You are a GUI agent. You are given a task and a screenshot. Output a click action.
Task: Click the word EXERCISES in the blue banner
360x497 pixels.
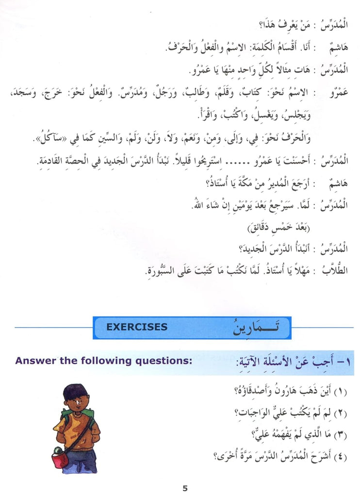point(137,327)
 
